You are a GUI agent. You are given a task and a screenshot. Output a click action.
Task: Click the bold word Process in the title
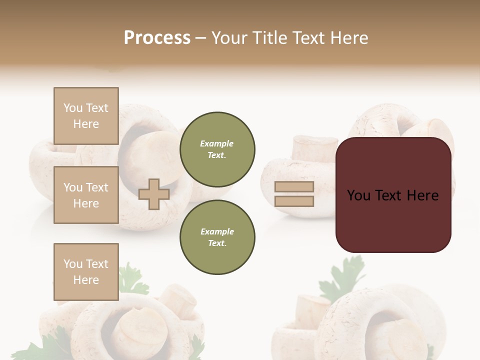157,38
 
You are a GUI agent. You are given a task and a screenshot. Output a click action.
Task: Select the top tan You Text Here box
86,116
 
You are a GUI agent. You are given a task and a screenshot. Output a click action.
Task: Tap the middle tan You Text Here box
86,195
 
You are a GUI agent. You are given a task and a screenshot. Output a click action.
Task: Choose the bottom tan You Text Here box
86,272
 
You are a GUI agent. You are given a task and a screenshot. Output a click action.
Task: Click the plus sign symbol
154,194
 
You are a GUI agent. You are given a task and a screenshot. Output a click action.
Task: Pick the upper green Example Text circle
217,149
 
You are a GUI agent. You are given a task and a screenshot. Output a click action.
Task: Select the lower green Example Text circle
217,237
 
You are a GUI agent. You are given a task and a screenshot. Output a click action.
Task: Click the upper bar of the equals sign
294,187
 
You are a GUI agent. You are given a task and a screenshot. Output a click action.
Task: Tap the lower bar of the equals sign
294,201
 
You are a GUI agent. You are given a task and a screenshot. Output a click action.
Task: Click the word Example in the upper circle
217,144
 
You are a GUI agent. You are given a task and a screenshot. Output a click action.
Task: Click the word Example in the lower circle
217,232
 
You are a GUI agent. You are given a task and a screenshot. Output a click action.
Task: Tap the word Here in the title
349,38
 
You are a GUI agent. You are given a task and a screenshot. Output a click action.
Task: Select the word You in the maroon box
358,195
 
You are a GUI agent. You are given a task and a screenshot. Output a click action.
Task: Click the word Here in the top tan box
86,124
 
